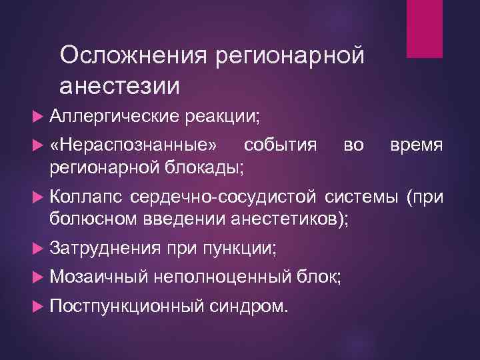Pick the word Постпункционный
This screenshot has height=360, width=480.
pyautogui.click(x=126, y=306)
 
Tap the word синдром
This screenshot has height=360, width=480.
pyautogui.click(x=249, y=306)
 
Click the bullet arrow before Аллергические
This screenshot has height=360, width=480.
pyautogui.click(x=37, y=117)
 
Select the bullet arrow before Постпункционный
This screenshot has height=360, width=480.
pyautogui.click(x=37, y=306)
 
